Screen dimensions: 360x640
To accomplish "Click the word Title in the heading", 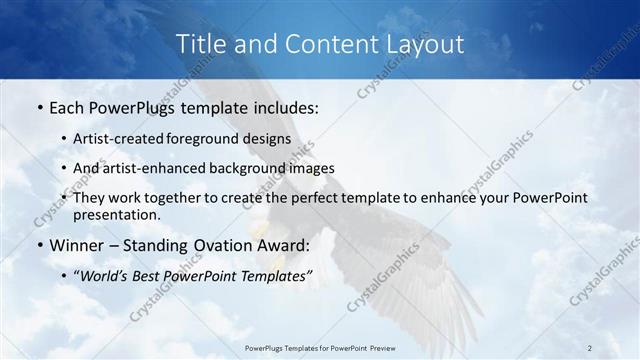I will (x=199, y=44).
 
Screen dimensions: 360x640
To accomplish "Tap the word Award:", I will (x=284, y=245).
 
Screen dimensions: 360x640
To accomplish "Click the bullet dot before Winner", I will (x=38, y=245).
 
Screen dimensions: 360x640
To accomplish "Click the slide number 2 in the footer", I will (x=590, y=347).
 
